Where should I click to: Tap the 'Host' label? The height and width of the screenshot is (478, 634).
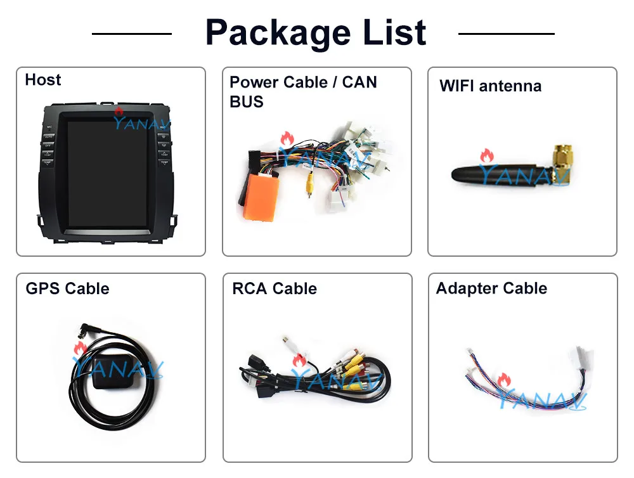pyautogui.click(x=43, y=80)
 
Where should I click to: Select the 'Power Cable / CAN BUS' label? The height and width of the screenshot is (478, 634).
pyautogui.click(x=303, y=91)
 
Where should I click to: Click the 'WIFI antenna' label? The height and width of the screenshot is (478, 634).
pyautogui.click(x=490, y=86)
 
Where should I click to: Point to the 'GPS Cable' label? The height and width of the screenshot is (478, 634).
pyautogui.click(x=67, y=288)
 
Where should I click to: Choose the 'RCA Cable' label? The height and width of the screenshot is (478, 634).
pyautogui.click(x=274, y=288)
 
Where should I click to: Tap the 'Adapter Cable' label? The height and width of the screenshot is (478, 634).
pyautogui.click(x=491, y=288)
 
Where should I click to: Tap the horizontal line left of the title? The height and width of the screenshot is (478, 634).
pyautogui.click(x=131, y=33)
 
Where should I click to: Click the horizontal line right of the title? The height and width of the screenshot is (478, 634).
pyautogui.click(x=506, y=33)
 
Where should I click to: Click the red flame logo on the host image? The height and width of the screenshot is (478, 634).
pyautogui.click(x=119, y=113)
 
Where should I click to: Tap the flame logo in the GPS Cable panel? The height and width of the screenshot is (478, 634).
pyautogui.click(x=80, y=348)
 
